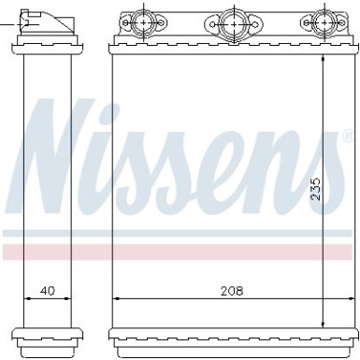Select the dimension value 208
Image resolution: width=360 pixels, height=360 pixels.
pyautogui.click(x=231, y=291)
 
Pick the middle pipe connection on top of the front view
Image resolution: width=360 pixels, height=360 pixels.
pyautogui.click(x=231, y=21)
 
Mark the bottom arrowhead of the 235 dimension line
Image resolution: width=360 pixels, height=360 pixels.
pyautogui.click(x=324, y=319)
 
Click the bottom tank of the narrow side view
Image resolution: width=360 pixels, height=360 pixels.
pyautogui.click(x=44, y=335)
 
